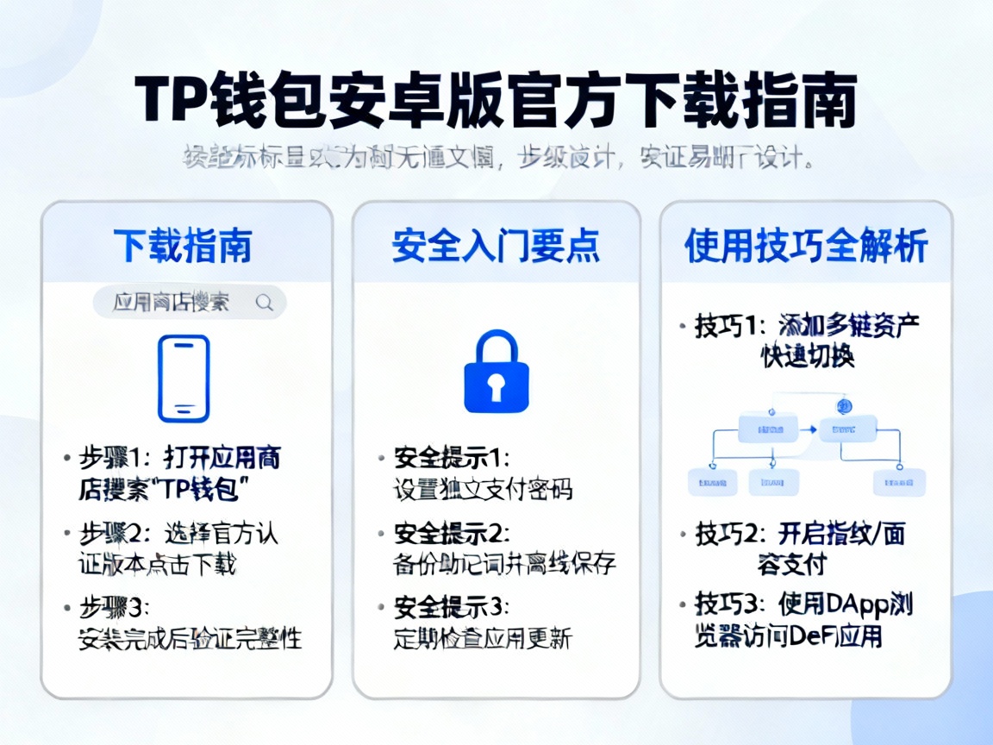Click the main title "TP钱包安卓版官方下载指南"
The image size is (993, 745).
[496, 103]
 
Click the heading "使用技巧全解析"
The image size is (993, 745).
[806, 246]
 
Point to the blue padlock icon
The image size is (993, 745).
[496, 372]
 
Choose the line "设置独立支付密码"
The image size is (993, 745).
[483, 489]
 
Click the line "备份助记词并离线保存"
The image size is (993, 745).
[504, 564]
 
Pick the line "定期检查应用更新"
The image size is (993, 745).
[483, 638]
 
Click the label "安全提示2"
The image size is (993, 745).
[452, 533]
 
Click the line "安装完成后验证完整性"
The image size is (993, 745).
[190, 639]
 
